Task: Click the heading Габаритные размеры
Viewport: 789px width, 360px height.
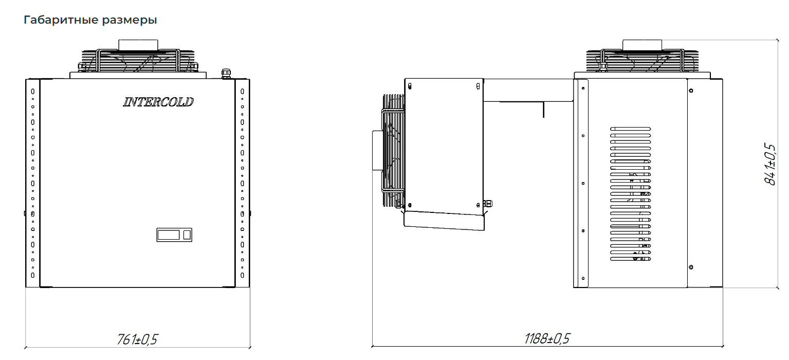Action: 90,20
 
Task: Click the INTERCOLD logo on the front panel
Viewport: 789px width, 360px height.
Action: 158,102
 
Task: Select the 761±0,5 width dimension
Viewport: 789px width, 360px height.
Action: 137,339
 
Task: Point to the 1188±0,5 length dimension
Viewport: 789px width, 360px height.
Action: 547,338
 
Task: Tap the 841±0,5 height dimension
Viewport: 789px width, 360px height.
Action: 769,164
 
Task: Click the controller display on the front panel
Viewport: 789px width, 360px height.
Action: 174,235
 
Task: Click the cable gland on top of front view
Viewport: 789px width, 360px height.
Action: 226,74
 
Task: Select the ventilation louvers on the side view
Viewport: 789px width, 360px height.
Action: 631,194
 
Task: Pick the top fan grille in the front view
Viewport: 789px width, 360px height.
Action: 138,61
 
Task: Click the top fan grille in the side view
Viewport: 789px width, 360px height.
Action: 642,61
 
